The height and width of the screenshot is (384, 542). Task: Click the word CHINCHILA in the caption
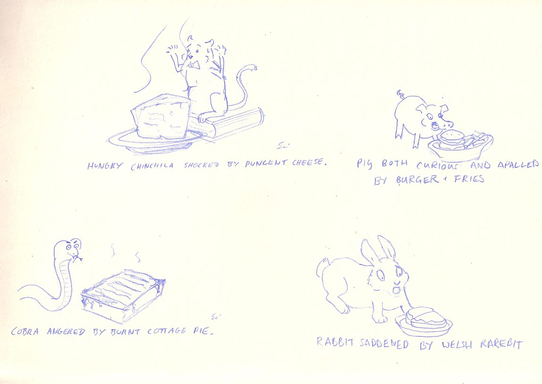coord(152,166)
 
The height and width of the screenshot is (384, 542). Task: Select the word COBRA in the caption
coord(25,332)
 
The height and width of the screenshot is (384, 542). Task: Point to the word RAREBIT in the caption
coord(501,344)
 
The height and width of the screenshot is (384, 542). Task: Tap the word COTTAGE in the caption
coord(167,331)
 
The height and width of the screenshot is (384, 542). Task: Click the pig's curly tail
coord(401,93)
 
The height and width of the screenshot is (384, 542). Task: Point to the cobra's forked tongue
coord(79,258)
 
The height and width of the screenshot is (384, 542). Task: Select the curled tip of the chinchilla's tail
coord(252,67)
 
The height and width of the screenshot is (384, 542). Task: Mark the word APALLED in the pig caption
coord(518,165)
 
